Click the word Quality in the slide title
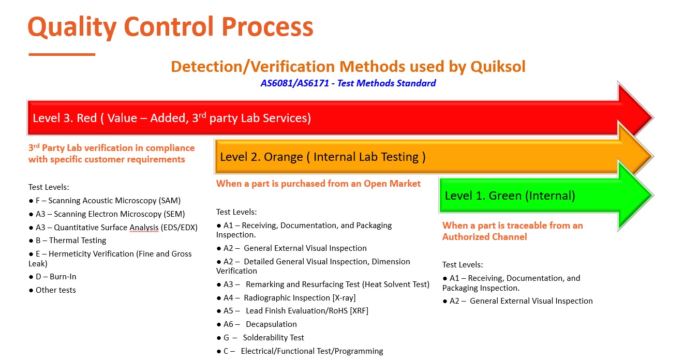pyautogui.click(x=72, y=27)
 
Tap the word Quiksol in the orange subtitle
pyautogui.click(x=498, y=67)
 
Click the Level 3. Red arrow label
pyautogui.click(x=172, y=118)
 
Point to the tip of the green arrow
pyautogui.click(x=653, y=196)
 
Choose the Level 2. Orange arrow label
pyautogui.click(x=323, y=157)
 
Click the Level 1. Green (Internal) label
pyautogui.click(x=510, y=196)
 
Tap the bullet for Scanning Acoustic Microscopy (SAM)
pyautogui.click(x=31, y=201)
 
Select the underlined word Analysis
pyautogui.click(x=144, y=228)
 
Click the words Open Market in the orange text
pyautogui.click(x=392, y=184)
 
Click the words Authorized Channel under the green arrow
pyautogui.click(x=485, y=237)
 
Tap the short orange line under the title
pyautogui.click(x=62, y=55)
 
